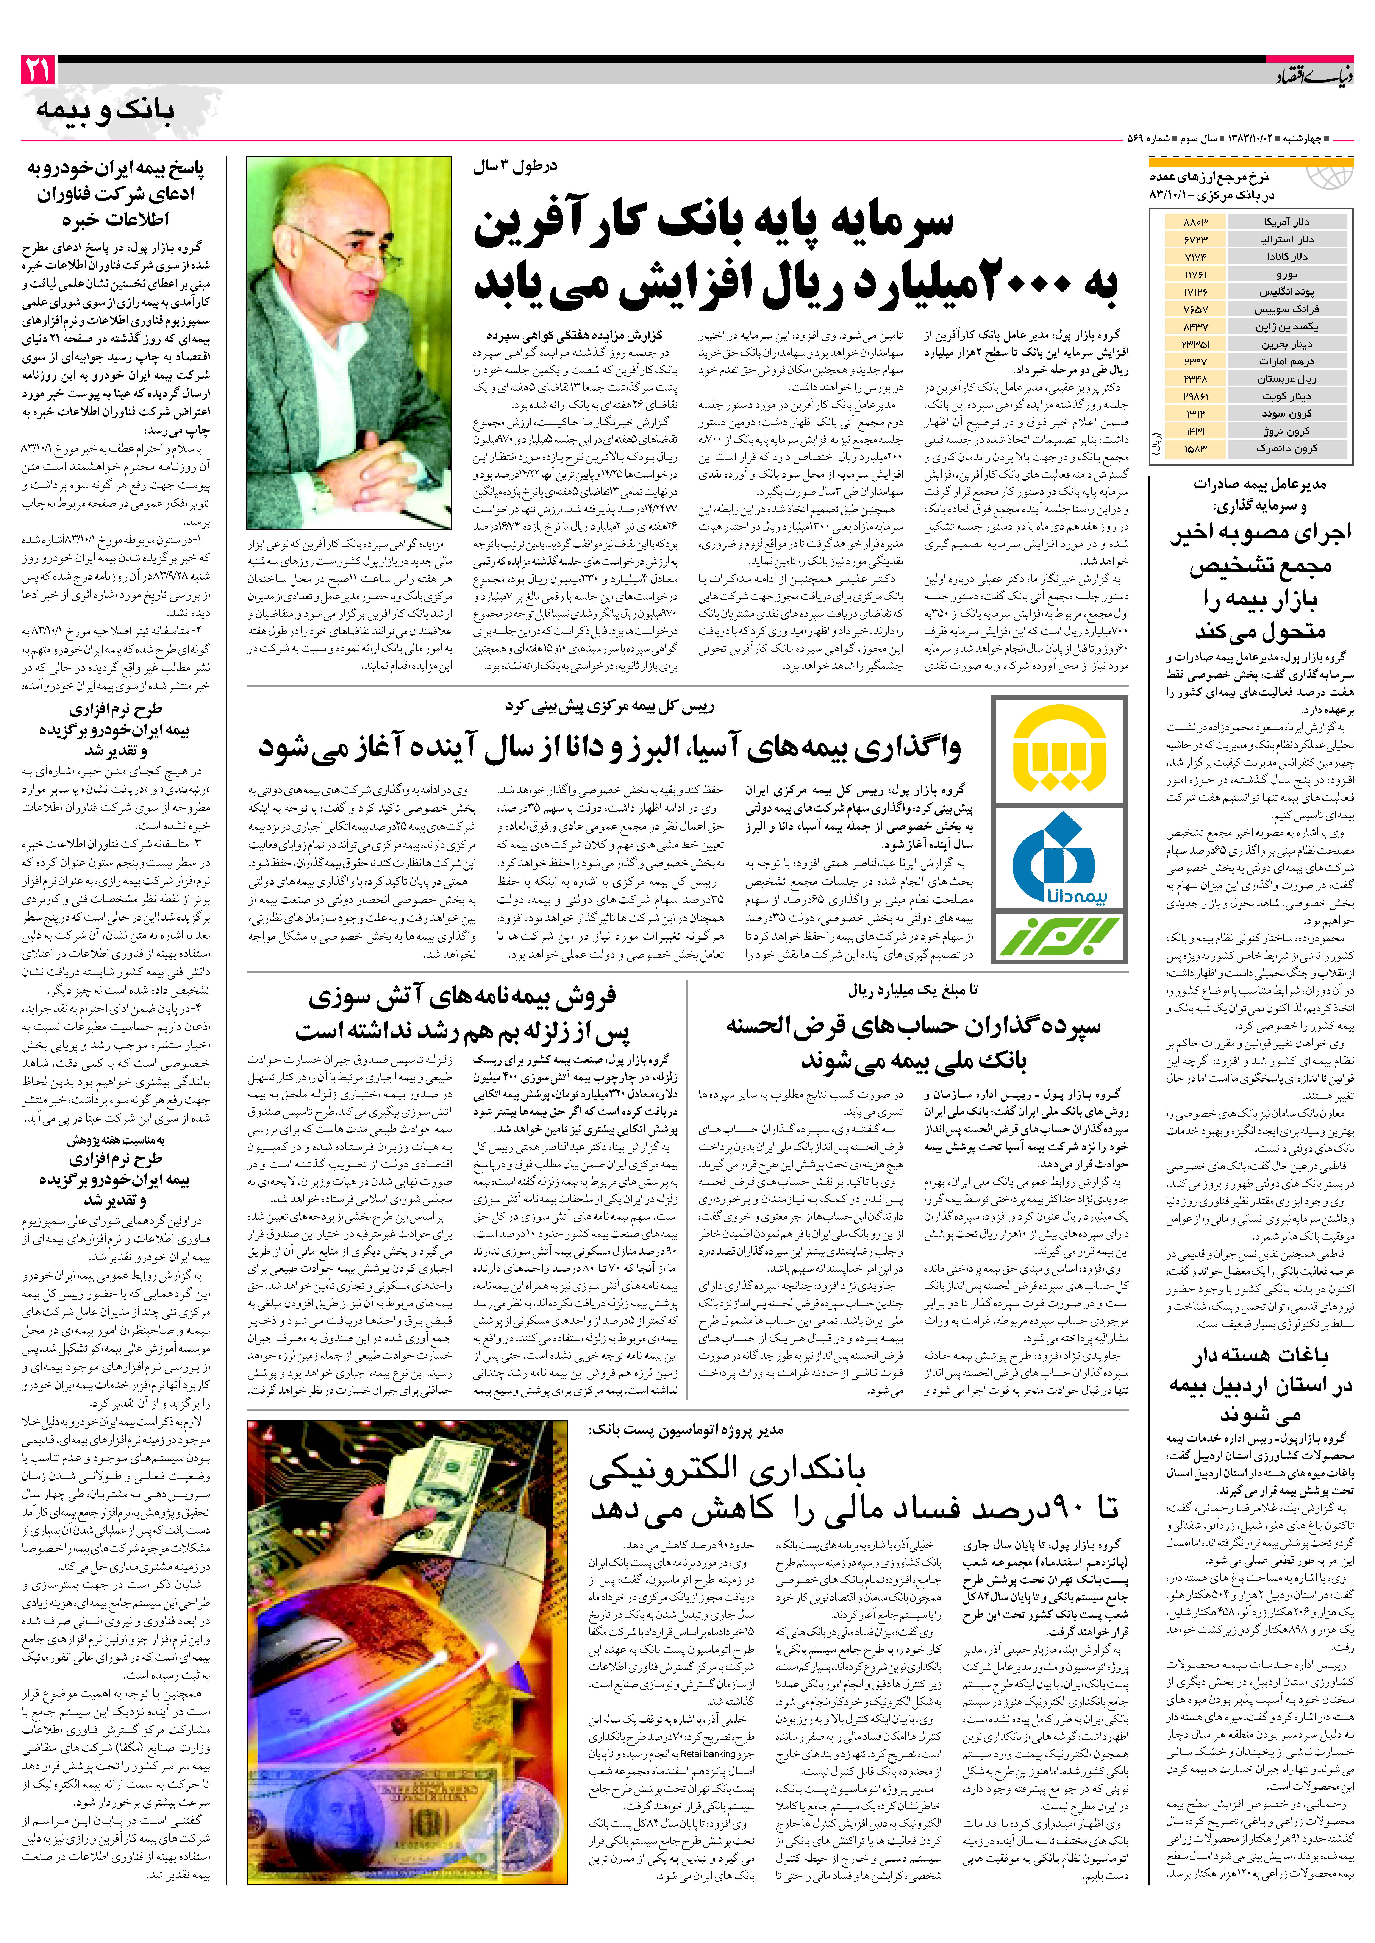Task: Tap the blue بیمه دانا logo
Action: coord(1061,857)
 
